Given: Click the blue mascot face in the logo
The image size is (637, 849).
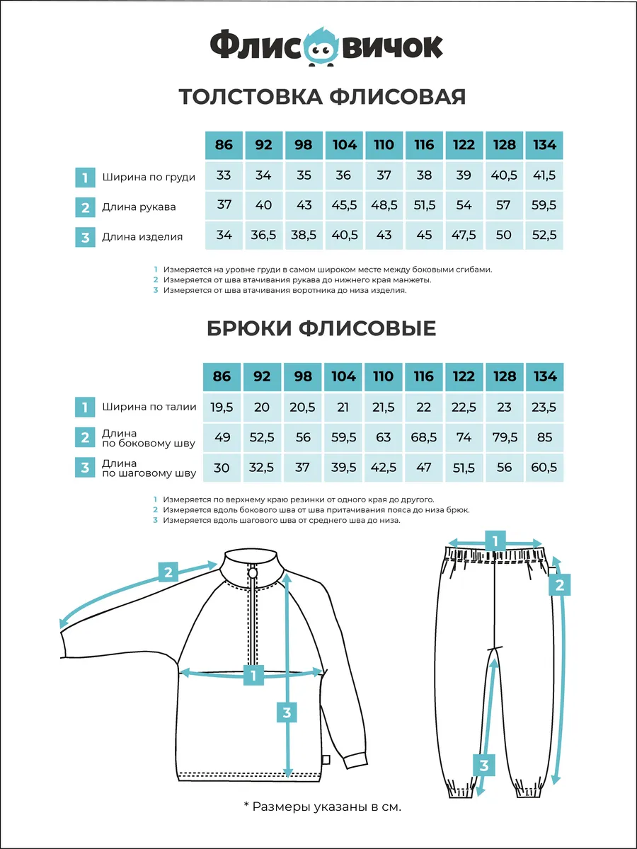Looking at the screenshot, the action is pos(321,47).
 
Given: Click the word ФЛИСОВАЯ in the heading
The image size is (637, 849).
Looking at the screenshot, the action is pos(397,97).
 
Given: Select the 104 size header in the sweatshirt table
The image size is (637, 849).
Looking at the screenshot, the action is pos(344,145).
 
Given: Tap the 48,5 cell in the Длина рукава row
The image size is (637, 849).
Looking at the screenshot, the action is pos(384,205).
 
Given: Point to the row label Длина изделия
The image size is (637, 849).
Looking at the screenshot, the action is pos(142,237).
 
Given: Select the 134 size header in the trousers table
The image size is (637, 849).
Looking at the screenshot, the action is pos(544,376).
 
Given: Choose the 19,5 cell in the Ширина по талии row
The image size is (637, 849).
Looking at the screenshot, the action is pos(222,408).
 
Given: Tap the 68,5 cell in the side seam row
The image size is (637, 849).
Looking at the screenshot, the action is pos(424,437).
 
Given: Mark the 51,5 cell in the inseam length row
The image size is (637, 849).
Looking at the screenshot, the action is pos(464,468).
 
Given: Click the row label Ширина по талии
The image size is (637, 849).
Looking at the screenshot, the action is pos(149,407).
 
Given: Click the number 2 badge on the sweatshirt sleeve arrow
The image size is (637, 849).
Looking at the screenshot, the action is pos(168,572).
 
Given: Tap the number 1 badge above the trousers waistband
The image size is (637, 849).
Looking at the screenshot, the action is pos(495,541).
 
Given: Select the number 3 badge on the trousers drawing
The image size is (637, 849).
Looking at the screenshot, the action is pos(484,765).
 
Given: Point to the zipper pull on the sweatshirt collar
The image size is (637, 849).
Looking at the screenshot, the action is pos(253,572).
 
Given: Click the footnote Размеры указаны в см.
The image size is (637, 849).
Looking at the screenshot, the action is pos(323,807).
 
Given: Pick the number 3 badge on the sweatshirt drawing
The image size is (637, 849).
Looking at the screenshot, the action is pos(287,712).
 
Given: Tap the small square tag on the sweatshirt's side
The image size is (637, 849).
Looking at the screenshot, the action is pos(326,760).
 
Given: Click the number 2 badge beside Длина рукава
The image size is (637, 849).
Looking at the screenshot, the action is pos(85,207).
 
